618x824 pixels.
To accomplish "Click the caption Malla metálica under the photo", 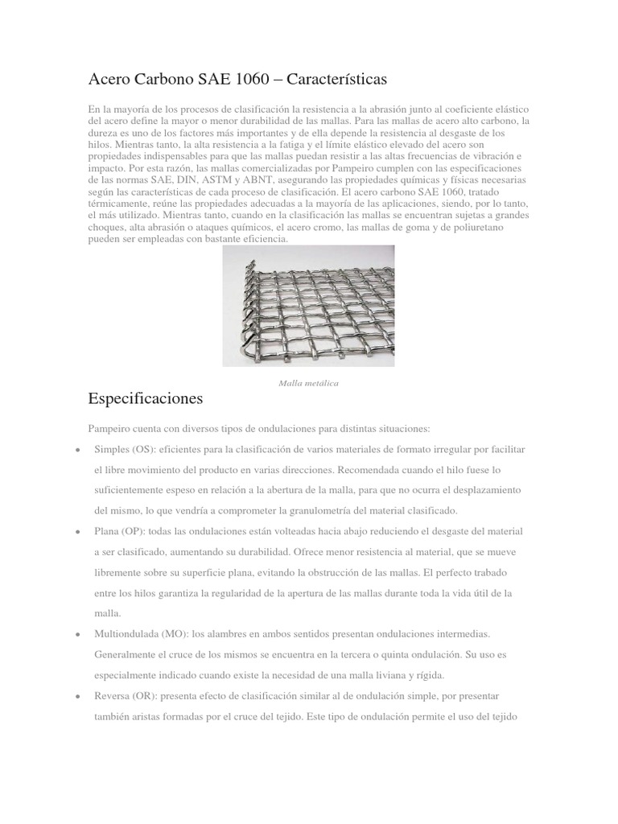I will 308,383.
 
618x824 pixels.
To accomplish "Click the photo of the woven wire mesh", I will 308,305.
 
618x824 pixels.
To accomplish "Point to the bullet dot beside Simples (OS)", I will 75,449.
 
